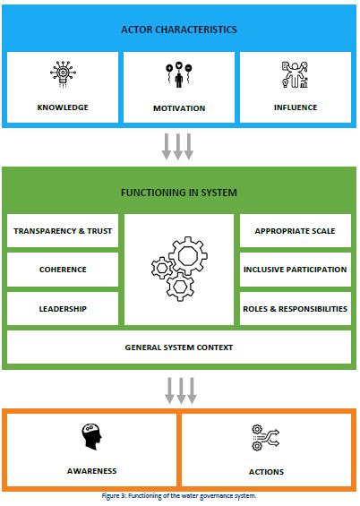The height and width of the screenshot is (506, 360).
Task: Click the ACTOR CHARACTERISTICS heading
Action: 179,30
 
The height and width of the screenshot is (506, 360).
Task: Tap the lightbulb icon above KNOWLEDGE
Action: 64,74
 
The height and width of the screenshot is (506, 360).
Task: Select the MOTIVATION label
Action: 179,108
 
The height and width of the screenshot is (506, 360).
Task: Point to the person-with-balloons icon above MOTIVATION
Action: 179,75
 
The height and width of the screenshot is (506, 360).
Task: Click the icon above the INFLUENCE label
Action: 295,74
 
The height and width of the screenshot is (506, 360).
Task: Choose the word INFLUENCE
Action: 296,107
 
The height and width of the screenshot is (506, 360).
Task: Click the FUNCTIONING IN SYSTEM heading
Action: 179,193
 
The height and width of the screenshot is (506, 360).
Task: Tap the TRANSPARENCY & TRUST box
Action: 63,231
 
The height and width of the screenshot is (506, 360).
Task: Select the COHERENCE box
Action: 63,270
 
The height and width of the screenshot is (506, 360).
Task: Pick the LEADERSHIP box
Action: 63,308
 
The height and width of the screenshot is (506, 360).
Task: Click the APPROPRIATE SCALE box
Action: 296,231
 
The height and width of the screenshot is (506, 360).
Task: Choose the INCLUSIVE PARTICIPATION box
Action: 296,270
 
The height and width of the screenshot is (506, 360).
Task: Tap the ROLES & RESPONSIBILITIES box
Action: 296,308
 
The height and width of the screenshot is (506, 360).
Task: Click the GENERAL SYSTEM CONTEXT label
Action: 179,347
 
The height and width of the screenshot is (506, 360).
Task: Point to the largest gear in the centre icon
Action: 188,255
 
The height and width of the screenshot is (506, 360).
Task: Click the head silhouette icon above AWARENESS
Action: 91,437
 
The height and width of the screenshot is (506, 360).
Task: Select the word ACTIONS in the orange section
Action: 266,472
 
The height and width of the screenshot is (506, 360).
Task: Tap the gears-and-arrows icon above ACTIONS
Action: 265,438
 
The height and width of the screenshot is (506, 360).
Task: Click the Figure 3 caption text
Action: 179,496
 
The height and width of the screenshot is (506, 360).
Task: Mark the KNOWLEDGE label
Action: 63,107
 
